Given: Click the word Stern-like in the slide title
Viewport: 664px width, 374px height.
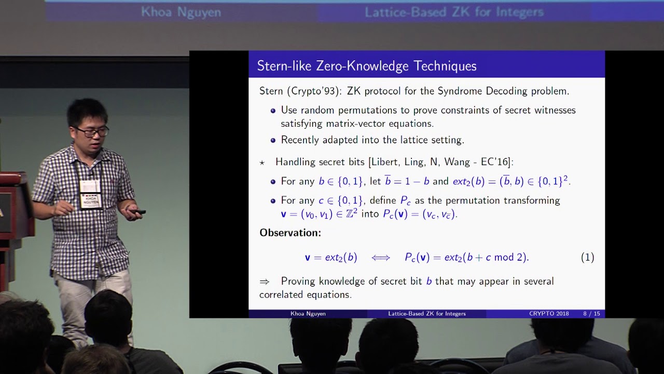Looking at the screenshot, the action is [284, 66].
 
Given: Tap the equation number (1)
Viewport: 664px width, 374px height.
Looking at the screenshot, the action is [588, 257].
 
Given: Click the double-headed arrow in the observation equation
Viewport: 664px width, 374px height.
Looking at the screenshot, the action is [381, 258].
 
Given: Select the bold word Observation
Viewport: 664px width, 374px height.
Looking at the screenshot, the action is [290, 233].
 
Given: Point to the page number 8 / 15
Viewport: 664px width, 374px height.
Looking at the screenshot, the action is [591, 313].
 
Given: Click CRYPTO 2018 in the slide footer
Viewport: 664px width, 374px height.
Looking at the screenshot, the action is [549, 313].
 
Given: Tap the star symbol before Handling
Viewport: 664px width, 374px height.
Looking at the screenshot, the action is [262, 163].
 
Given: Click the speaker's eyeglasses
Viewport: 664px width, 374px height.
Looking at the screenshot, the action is [92, 131].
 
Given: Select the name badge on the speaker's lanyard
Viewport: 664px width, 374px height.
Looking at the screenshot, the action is [90, 194].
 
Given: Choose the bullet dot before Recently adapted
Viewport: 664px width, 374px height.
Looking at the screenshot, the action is [273, 140].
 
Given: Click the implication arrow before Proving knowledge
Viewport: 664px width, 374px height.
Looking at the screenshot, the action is [265, 282].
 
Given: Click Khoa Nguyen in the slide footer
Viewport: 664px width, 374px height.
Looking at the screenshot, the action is [308, 314].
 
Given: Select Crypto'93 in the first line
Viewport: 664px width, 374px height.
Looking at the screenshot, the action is [313, 91].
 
